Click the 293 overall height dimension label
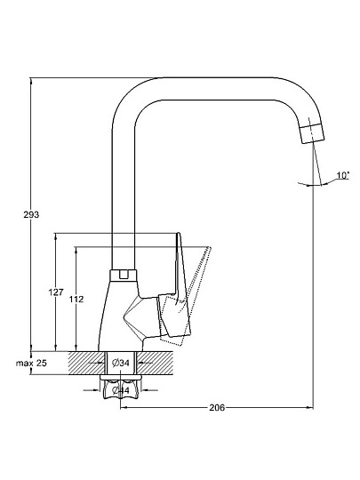tap(31, 214)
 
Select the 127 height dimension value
tap(56, 292)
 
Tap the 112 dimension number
tap(76, 299)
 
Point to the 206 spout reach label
tap(217, 407)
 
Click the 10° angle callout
tap(343, 175)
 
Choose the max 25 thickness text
tap(31, 364)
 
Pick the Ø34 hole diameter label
tap(121, 363)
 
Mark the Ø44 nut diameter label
tap(121, 390)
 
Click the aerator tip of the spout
tap(312, 133)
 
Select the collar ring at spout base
tap(123, 276)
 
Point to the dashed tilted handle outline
tap(190, 294)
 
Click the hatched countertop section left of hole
tap(86, 363)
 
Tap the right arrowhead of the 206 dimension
tap(310, 407)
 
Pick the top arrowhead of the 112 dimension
tap(76, 250)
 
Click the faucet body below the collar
tap(119, 316)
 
